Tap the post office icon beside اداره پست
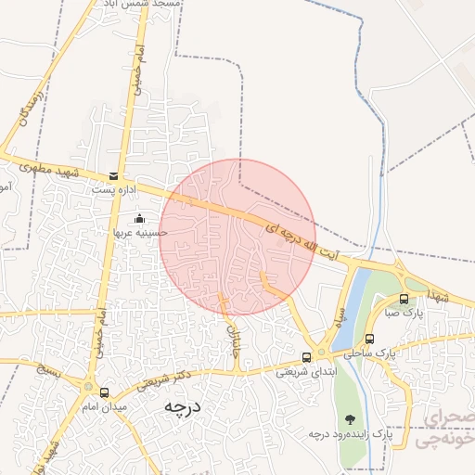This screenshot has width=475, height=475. click(113, 176)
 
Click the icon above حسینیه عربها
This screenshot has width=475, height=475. click(139, 219)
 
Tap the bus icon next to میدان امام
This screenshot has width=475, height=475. click(104, 392)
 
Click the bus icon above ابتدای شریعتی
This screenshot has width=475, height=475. click(307, 357)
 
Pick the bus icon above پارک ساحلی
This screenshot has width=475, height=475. click(369, 339)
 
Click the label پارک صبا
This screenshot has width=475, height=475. click(404, 314)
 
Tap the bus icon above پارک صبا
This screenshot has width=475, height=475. click(404, 299)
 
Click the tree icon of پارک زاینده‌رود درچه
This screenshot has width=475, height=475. click(350, 419)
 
